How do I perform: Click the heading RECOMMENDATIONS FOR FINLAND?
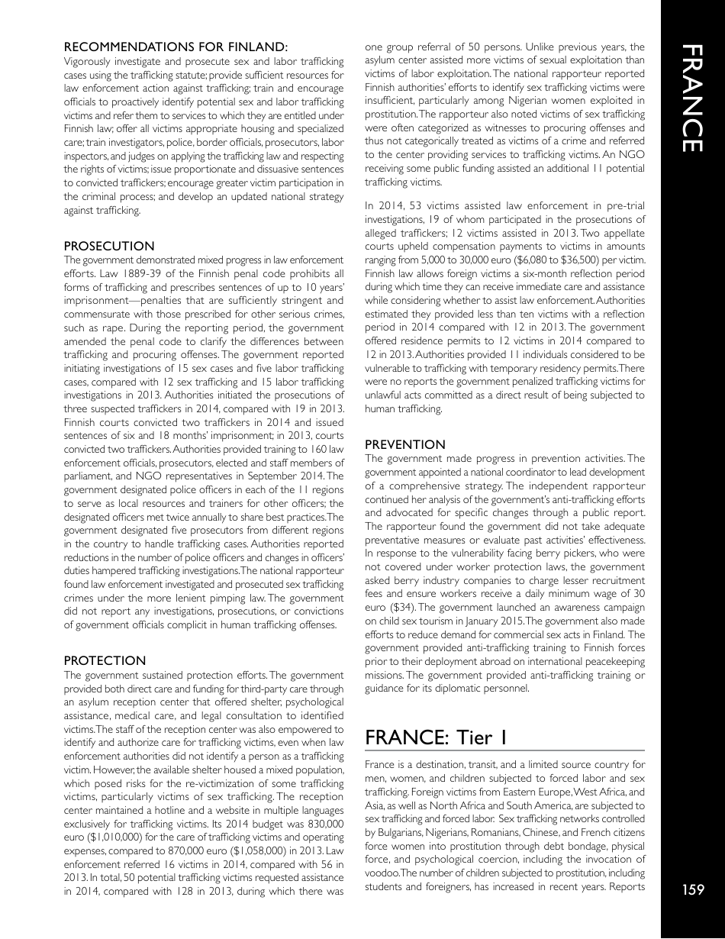pos(176,47)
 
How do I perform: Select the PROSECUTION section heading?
pos(109,246)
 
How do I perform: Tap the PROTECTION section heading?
pos(105,660)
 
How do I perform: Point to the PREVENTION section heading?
pos(405,444)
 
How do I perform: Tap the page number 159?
pos(692,889)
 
